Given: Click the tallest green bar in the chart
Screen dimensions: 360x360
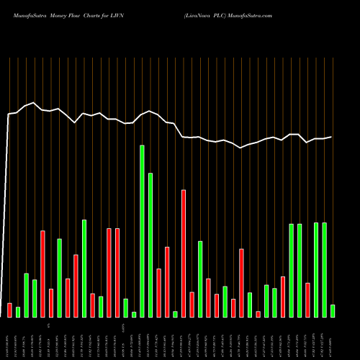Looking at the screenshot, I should (x=142, y=230).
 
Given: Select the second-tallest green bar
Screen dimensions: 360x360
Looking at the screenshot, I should (x=150, y=245).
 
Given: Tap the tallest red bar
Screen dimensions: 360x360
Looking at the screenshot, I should (x=184, y=253).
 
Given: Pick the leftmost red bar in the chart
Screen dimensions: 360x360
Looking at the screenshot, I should (x=9, y=310).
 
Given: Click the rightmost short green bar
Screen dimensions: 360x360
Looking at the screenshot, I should (x=333, y=310).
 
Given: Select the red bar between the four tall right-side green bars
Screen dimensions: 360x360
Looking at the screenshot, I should (x=307, y=300).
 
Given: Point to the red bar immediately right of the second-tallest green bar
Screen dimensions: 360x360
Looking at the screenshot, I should (x=158, y=292).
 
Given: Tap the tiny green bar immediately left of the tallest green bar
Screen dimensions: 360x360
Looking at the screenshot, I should (x=134, y=314).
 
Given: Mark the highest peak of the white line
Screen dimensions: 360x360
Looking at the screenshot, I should (x=34, y=103).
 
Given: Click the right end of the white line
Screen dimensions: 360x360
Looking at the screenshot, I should (x=332, y=137).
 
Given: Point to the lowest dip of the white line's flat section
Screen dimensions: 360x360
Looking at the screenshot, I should (x=241, y=148).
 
